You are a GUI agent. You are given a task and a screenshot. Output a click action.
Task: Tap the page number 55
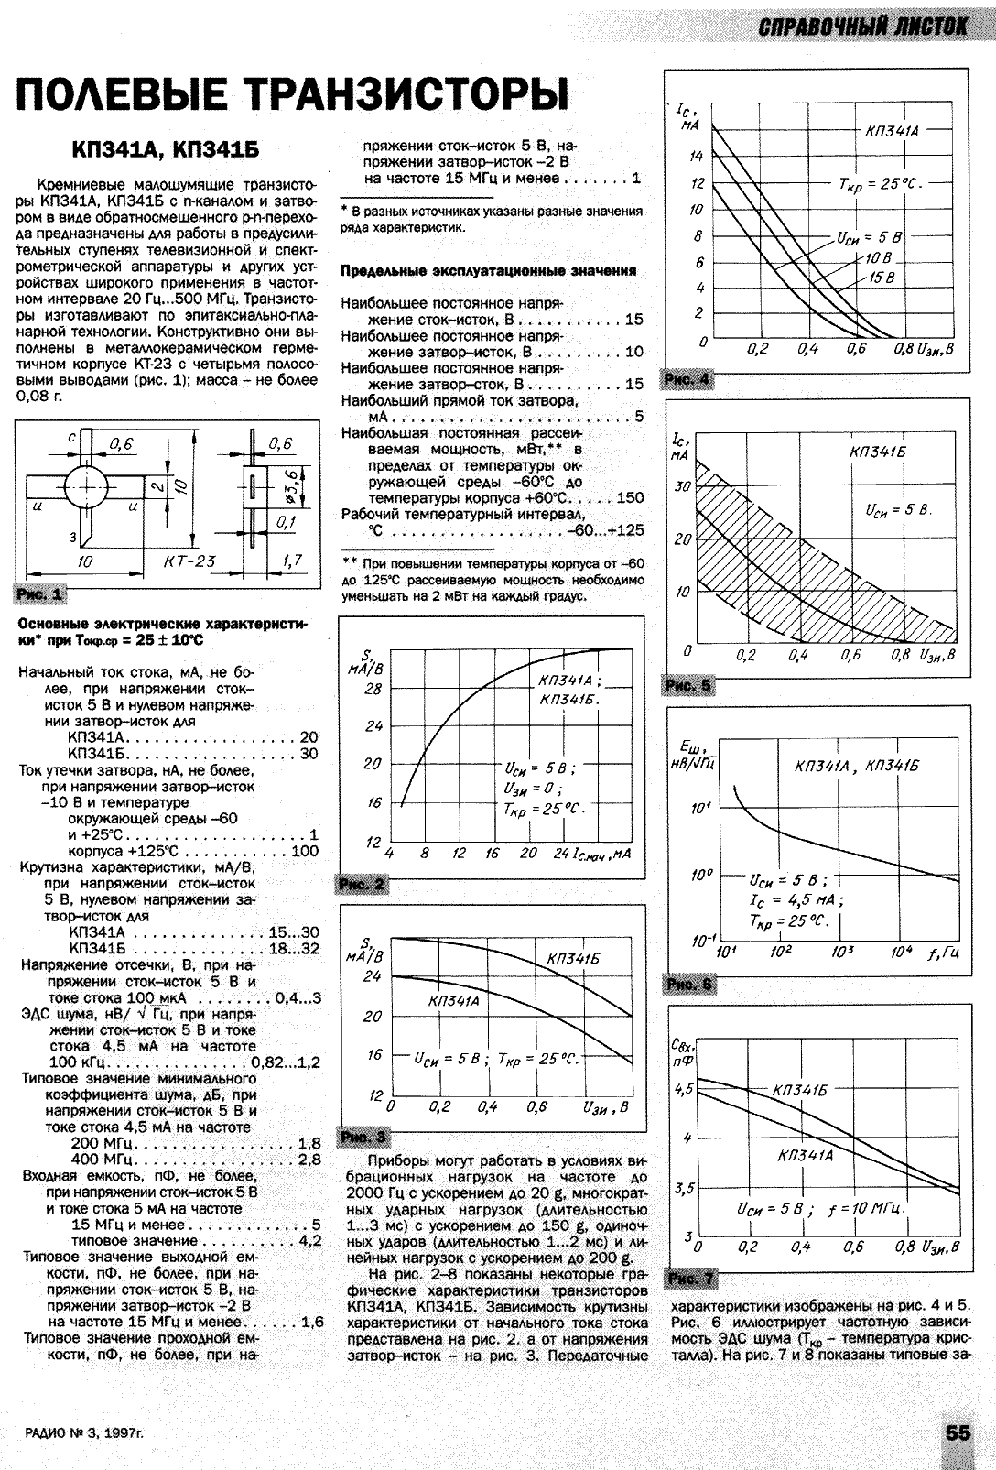pos(958,1434)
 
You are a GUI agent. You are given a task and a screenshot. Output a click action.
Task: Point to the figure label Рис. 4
pos(686,379)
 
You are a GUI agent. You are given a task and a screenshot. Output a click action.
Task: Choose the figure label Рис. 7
pos(692,1279)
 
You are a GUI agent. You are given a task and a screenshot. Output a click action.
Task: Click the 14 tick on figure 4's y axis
pos(696,157)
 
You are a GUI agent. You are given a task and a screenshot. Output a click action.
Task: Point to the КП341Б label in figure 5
pos(876,452)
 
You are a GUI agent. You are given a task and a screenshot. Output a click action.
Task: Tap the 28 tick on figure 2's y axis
pos(372,690)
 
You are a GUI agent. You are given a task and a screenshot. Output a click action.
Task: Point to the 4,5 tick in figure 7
pos(683,1090)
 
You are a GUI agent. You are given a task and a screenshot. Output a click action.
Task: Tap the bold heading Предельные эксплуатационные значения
pos(488,272)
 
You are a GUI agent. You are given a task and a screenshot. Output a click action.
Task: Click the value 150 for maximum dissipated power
pos(630,498)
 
